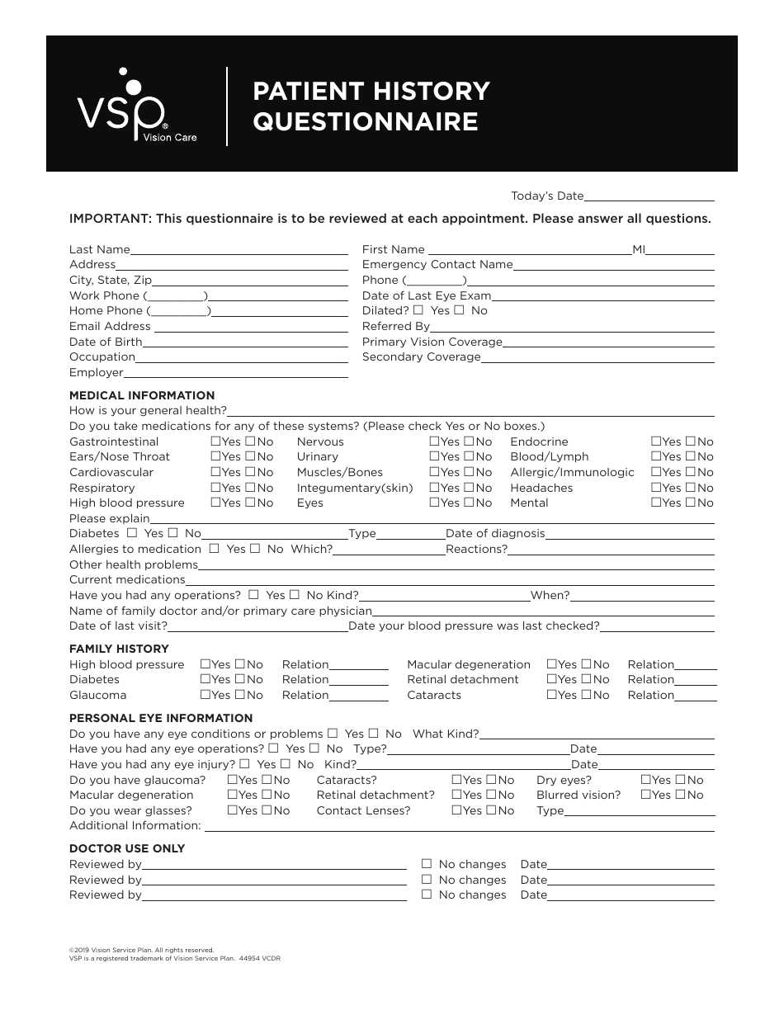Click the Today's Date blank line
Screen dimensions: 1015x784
tap(649, 198)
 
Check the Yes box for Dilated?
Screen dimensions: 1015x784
tap(418, 310)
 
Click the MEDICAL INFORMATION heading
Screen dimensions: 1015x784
tap(142, 395)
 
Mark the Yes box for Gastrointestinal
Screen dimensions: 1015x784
tap(215, 441)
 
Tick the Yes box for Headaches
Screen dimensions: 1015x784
tap(656, 488)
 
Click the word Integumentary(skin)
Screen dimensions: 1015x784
tap(355, 488)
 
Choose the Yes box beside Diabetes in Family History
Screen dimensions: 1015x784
tap(205, 679)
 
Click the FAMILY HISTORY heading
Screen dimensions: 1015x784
tap(119, 649)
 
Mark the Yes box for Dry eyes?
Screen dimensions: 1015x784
tap(646, 780)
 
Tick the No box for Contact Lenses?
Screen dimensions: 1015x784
tap(489, 810)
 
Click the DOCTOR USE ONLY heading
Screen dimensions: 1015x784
tap(127, 848)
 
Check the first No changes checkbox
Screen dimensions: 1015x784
tap(427, 864)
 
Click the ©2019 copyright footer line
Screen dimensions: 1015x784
tap(142, 950)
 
